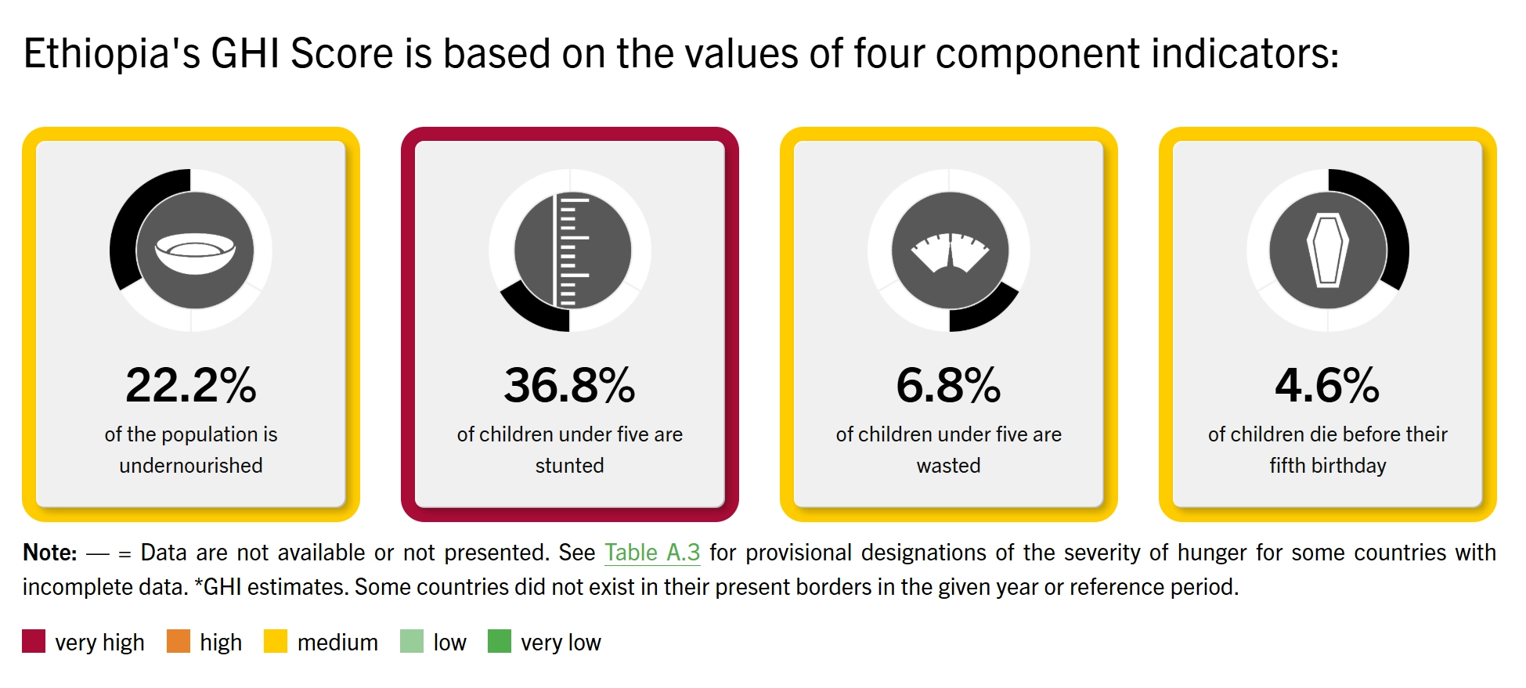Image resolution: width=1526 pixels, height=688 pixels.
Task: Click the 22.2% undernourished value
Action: (191, 385)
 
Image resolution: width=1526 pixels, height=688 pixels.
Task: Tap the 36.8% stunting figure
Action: (569, 385)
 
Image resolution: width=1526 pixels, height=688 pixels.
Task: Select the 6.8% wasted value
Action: (948, 385)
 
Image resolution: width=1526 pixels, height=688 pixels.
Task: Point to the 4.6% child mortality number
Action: (1327, 385)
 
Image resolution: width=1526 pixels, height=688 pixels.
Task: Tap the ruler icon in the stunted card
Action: (571, 250)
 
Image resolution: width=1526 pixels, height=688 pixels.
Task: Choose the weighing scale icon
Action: (950, 252)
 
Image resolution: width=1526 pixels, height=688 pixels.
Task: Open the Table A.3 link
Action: (652, 553)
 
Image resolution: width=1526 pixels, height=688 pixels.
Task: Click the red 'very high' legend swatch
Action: (34, 641)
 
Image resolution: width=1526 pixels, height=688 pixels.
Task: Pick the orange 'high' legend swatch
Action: (179, 641)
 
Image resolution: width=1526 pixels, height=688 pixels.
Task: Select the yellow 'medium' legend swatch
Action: (276, 641)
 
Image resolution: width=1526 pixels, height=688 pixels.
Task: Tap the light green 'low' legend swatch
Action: (412, 641)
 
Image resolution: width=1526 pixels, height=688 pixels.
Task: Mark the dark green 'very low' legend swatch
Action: (500, 641)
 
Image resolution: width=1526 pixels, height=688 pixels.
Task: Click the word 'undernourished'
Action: (191, 466)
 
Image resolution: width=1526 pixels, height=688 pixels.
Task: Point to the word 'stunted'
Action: (569, 466)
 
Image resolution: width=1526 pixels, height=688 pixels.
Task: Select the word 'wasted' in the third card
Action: (948, 466)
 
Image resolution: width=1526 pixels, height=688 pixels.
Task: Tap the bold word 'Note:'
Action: (50, 553)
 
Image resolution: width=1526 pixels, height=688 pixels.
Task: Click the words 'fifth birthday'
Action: (1328, 466)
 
